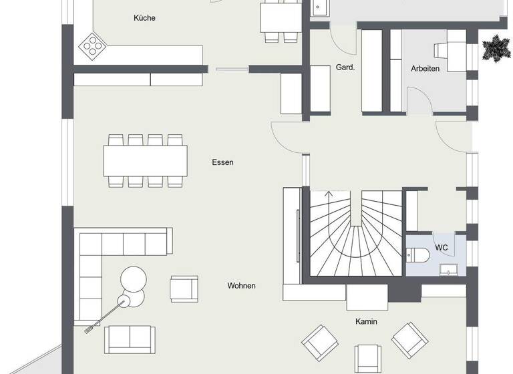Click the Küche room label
[x=144, y=18]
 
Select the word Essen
[x=222, y=162]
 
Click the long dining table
[x=145, y=160]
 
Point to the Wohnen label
[x=241, y=285]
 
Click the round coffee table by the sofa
[x=133, y=278]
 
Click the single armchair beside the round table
[x=184, y=289]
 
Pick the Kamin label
[x=366, y=321]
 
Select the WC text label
[x=442, y=248]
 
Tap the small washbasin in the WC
[x=448, y=269]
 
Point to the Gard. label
[x=345, y=67]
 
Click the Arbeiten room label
[x=425, y=67]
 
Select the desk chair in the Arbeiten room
[x=443, y=51]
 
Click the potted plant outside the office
[x=496, y=48]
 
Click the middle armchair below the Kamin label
[x=367, y=358]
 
